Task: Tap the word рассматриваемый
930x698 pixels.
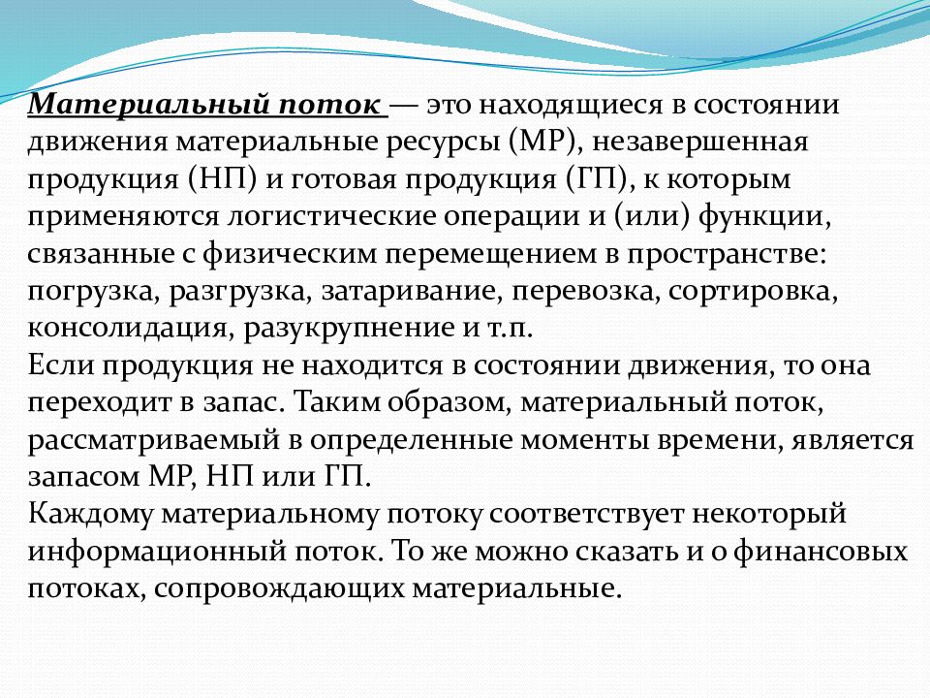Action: [150, 439]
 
